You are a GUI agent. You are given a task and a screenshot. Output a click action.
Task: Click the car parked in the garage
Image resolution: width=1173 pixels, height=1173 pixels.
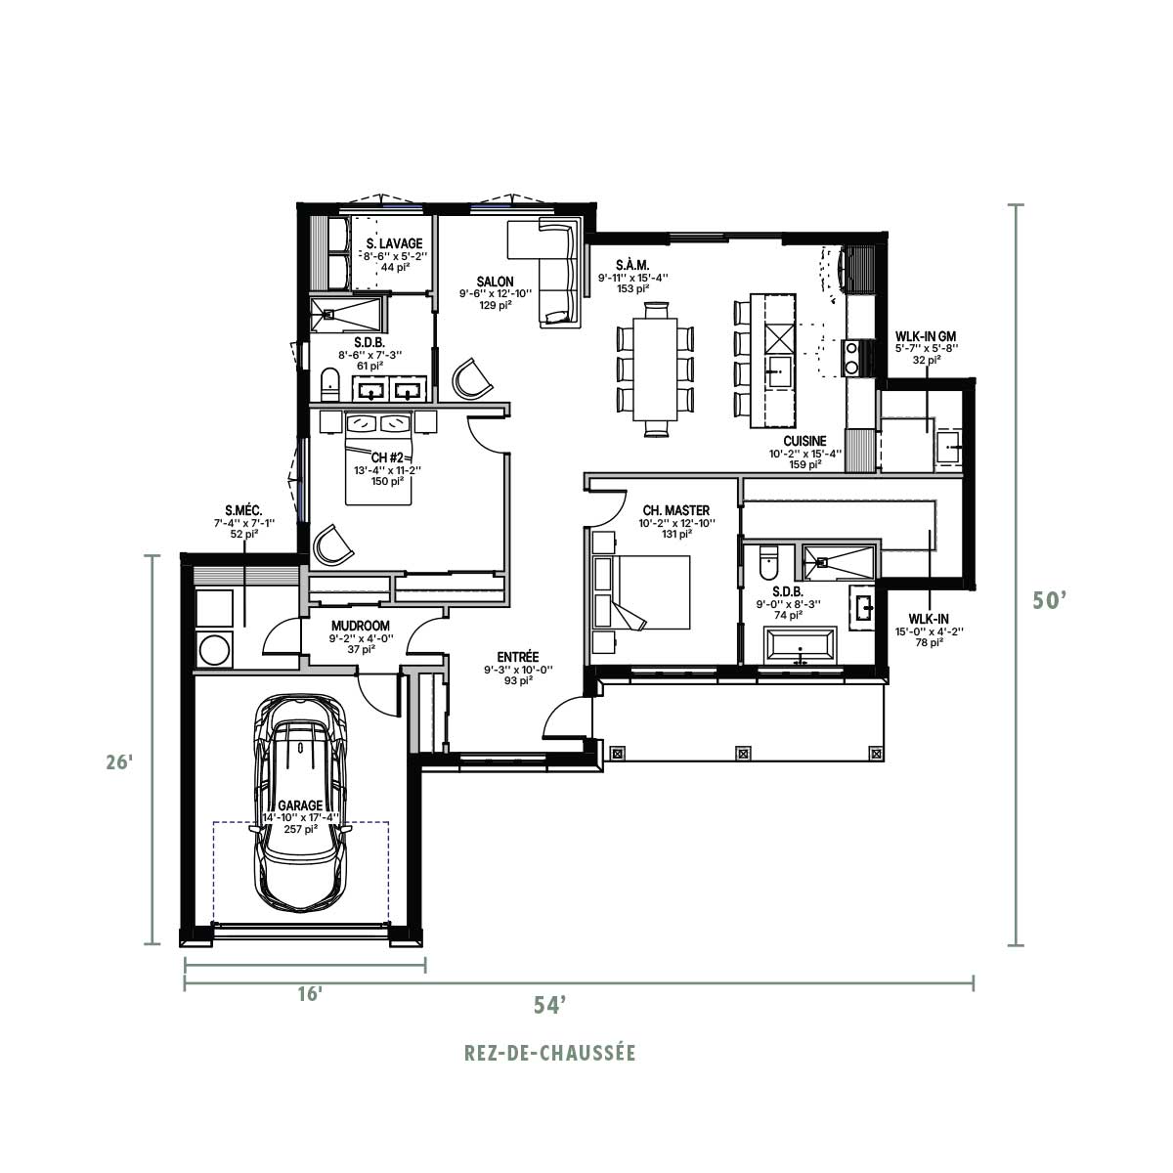click(x=300, y=804)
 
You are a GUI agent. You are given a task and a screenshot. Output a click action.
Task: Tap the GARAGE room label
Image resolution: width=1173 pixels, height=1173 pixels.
click(x=300, y=805)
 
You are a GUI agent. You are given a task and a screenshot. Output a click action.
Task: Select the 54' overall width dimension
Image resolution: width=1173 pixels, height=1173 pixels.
click(x=550, y=1005)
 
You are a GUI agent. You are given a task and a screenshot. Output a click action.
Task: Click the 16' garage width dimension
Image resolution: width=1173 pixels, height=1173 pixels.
click(x=310, y=995)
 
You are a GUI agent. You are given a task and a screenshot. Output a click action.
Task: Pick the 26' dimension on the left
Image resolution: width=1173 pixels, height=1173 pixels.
click(x=118, y=761)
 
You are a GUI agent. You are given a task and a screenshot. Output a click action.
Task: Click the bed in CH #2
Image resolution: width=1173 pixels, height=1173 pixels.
click(x=378, y=457)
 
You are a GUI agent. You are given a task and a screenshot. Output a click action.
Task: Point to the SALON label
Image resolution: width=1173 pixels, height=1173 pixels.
click(x=495, y=282)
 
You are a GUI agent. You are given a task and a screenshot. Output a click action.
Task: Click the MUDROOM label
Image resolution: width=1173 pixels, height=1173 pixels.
click(x=361, y=626)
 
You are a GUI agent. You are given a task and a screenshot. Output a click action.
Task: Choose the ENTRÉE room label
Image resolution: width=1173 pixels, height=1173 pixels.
click(x=517, y=657)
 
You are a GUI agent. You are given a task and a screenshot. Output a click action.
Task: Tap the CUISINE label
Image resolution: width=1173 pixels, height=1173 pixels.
click(x=804, y=441)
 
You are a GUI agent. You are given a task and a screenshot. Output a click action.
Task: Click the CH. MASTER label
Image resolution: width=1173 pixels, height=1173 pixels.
click(x=676, y=510)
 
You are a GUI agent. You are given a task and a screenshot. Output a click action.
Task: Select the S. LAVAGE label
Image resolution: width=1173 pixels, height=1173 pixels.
click(x=395, y=243)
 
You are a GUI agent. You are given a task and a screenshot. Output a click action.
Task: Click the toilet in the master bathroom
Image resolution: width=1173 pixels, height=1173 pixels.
click(x=768, y=563)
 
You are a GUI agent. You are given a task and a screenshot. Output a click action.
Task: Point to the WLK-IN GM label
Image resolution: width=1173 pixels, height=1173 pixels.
click(x=926, y=336)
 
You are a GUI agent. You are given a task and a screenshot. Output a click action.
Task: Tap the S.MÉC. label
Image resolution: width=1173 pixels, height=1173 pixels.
click(x=243, y=510)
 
